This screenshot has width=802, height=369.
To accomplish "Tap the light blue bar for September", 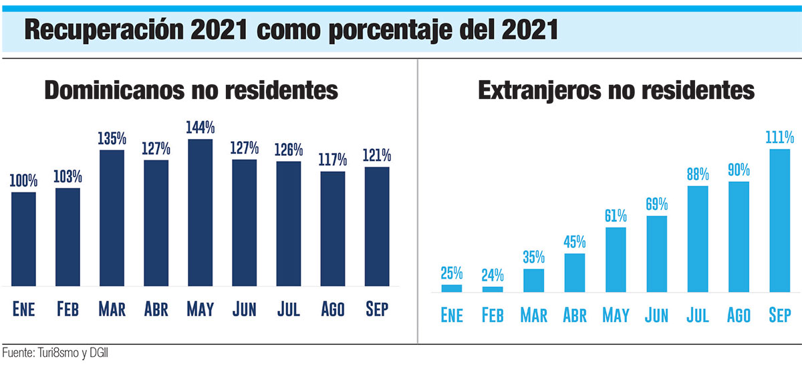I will point(780,221).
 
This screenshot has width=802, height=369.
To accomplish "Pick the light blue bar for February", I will point(493,289).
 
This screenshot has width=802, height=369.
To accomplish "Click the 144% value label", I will point(200,127).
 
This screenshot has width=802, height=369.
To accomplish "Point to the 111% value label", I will point(780,138).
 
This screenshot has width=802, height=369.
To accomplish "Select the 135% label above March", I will point(112,138).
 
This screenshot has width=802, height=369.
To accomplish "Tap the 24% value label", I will point(493,275).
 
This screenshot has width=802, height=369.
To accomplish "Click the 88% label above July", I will point(698,174).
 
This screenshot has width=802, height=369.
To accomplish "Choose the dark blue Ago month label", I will point(333,310).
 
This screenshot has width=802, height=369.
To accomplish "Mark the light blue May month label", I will point(616,315).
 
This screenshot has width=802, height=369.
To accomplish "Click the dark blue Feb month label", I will point(68,310).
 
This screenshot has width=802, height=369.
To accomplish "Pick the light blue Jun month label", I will point(656,315).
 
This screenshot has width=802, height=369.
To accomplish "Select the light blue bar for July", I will point(698,239).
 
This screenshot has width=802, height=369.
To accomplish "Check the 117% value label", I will point(333,160).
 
